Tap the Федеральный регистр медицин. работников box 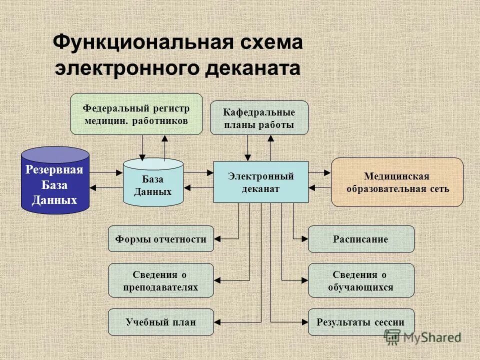[136, 114]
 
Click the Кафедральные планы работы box [259, 118]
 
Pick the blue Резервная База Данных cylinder [55, 180]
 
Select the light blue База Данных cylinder [153, 183]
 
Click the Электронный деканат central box [260, 182]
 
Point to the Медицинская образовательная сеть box [397, 182]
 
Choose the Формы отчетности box [160, 239]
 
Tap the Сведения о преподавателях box [160, 280]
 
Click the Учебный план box [160, 322]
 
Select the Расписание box [360, 239]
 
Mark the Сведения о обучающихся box [360, 280]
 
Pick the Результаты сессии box [360, 322]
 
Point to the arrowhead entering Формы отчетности [217, 239]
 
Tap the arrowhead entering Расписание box [304, 239]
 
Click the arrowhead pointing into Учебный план [217, 322]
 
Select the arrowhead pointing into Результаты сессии [304, 322]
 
